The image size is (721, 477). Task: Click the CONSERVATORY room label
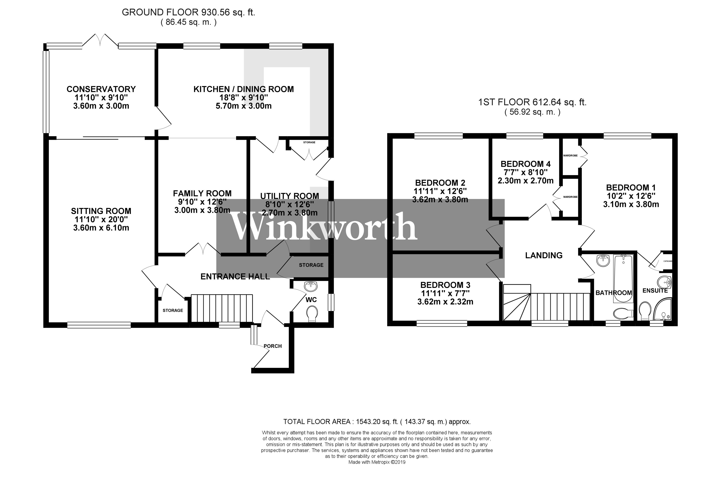tap(101, 89)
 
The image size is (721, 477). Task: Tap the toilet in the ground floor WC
tap(312, 313)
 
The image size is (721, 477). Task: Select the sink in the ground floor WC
tap(310, 286)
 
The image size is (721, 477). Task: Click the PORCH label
tap(272, 346)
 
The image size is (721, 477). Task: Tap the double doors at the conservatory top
tap(100, 41)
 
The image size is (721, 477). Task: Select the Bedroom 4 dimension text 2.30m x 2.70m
tap(525, 181)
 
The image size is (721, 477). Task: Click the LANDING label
tap(544, 255)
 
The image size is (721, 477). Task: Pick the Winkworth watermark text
tap(324, 227)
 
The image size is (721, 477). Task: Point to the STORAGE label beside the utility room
tap(311, 265)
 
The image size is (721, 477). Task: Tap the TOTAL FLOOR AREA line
tap(377, 422)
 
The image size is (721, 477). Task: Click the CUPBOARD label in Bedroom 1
tap(667, 261)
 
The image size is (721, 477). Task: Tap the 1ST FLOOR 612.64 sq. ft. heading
tap(532, 102)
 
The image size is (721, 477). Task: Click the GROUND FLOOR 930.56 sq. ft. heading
tap(188, 12)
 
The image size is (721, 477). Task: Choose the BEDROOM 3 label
tap(445, 285)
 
